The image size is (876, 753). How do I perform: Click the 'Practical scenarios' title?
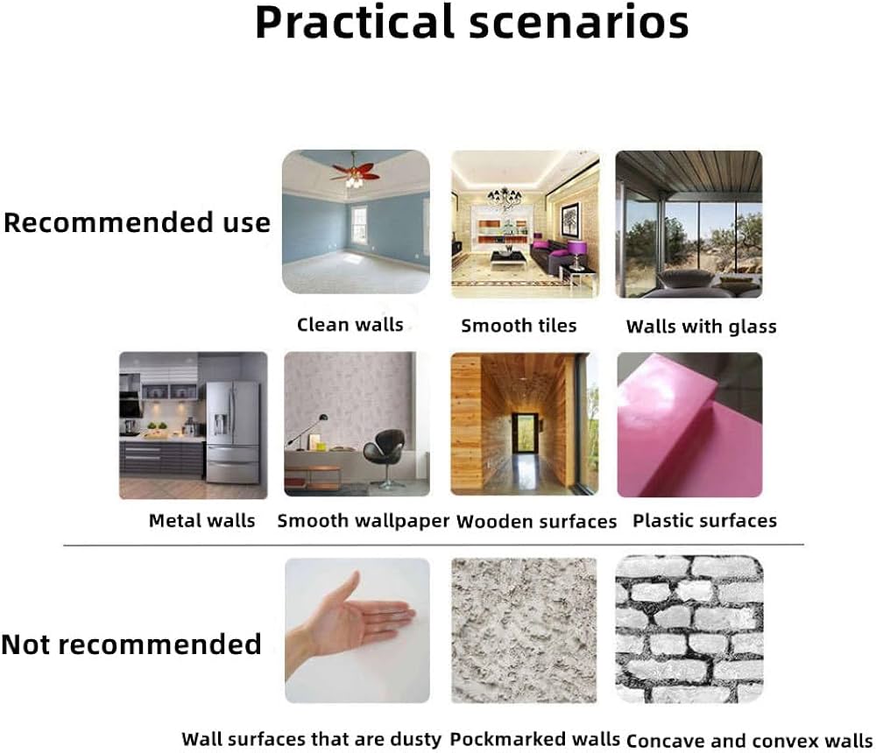471,23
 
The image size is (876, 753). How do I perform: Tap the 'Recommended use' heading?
137,222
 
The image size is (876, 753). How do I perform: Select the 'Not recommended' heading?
132,644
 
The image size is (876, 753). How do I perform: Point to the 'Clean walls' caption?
350,325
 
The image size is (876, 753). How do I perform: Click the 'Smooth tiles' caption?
519,326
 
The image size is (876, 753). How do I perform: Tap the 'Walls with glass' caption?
701,327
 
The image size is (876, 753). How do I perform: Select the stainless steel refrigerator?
232,432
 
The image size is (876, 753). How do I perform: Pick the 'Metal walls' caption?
201,521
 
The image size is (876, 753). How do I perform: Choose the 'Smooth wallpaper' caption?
364,521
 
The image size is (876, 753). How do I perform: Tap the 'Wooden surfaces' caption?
536,522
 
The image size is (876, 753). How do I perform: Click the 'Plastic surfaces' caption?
704,521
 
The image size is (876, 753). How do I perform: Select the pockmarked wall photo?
524,630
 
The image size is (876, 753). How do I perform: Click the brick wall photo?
689,629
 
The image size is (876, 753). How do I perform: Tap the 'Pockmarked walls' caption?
534,740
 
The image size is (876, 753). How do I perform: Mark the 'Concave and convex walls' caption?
749,742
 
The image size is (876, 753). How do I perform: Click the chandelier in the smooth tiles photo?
505,197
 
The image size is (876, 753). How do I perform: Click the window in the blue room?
359,224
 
